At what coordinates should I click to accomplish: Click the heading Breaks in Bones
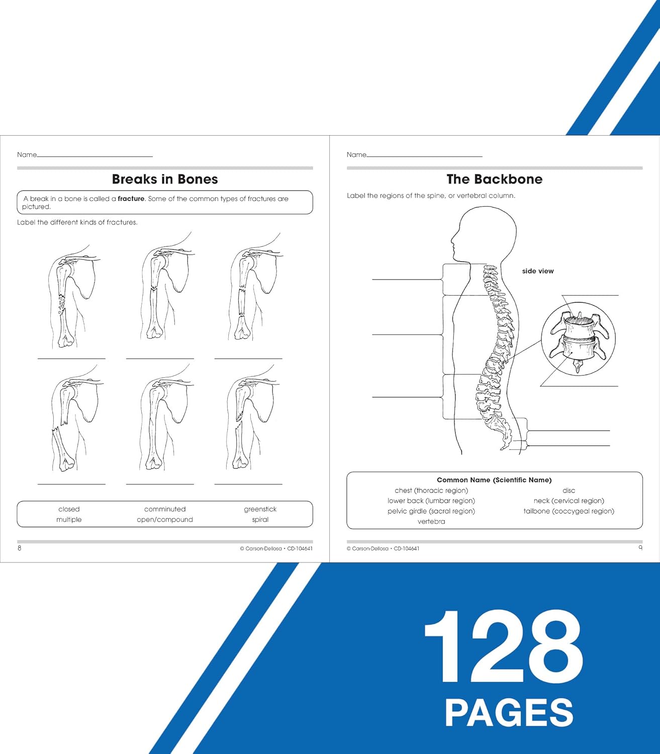click(165, 179)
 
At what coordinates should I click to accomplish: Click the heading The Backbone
click(494, 179)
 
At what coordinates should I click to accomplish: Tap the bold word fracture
click(131, 199)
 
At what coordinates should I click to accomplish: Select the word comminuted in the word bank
click(165, 509)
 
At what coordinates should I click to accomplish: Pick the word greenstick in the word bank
click(260, 509)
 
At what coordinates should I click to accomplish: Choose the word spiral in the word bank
click(260, 520)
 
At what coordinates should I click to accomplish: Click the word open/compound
click(165, 520)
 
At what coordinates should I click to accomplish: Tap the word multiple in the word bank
click(69, 520)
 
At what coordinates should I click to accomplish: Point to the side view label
click(537, 271)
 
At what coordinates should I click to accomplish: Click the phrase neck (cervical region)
click(569, 501)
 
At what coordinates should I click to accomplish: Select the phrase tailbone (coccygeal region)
click(569, 511)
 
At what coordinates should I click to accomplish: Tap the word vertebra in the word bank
click(431, 522)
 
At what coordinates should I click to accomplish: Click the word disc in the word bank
click(569, 491)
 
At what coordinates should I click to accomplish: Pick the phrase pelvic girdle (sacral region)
click(431, 511)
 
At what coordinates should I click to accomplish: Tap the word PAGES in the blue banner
click(509, 713)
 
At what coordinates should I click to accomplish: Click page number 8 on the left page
click(20, 548)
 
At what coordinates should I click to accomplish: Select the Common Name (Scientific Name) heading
click(494, 480)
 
